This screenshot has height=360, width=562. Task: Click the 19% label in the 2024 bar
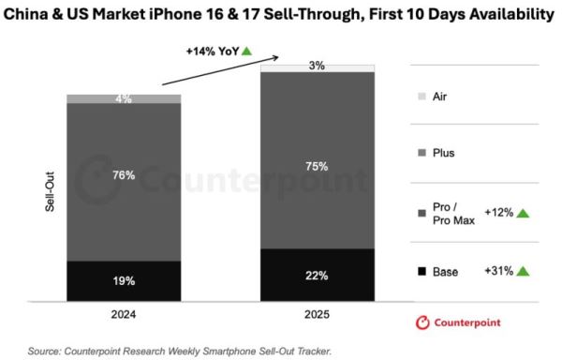tap(124, 280)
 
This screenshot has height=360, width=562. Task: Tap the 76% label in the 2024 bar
tap(124, 175)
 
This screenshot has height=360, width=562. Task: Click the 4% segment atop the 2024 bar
tap(124, 98)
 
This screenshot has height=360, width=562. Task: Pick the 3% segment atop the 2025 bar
tap(318, 67)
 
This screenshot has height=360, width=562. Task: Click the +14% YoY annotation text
tap(214, 52)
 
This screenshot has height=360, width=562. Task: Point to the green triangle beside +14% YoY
tap(246, 51)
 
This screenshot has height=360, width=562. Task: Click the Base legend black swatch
tap(421, 272)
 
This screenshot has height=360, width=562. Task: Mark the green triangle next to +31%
tap(524, 272)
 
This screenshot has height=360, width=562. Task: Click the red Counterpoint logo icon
tap(422, 322)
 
